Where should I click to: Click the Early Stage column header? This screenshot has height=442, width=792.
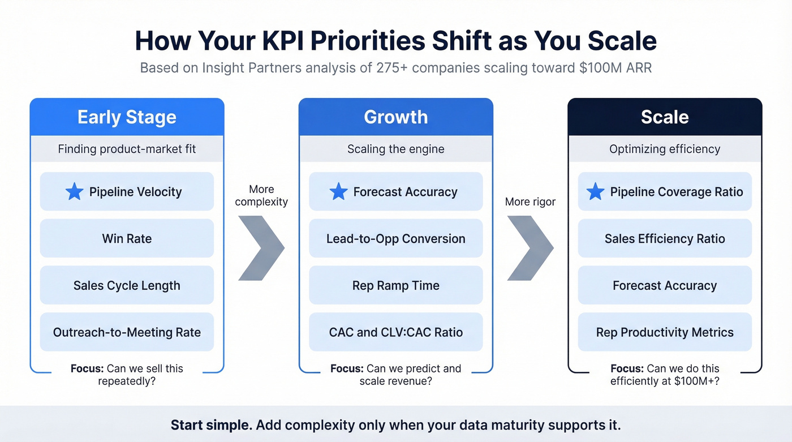[127, 117]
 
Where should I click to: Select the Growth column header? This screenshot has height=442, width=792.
[395, 117]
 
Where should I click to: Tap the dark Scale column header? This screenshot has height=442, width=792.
[665, 117]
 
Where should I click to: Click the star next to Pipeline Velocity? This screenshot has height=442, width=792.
[74, 192]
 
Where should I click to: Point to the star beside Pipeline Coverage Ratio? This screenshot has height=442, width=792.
[595, 192]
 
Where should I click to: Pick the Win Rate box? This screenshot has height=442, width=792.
[127, 238]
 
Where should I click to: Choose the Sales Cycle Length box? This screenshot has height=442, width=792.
[127, 285]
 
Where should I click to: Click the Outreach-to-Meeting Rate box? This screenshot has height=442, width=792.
[127, 332]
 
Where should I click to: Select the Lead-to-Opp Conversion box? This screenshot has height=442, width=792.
[395, 238]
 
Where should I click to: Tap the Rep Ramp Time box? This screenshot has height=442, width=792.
[395, 285]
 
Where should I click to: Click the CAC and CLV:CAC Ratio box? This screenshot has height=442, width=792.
[395, 332]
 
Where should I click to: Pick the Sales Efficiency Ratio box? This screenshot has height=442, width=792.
[665, 238]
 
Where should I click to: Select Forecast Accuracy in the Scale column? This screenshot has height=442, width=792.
[665, 285]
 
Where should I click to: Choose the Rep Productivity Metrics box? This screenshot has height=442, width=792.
[665, 332]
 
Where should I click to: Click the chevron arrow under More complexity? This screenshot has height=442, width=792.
[260, 247]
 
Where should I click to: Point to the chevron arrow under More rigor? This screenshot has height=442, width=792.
[530, 247]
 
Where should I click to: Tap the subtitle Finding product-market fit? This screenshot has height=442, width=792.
[127, 149]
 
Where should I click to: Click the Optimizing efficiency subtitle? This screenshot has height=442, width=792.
[665, 149]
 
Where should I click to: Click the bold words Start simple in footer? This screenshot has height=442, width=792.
[211, 425]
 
